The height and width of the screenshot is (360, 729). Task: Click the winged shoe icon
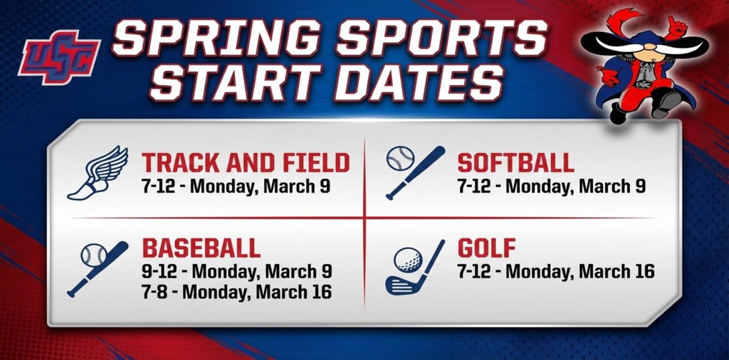[98, 172]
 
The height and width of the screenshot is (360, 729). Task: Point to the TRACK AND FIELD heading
[246, 163]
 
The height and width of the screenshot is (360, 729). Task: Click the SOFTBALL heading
[515, 163]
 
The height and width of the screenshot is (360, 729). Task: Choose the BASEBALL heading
[201, 248]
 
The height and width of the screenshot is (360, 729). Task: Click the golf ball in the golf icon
[407, 260]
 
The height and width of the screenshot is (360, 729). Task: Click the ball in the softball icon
[399, 159]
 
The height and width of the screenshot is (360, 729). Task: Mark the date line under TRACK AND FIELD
[236, 186]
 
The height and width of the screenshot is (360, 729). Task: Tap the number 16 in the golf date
[643, 272]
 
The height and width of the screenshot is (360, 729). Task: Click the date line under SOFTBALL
[551, 186]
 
